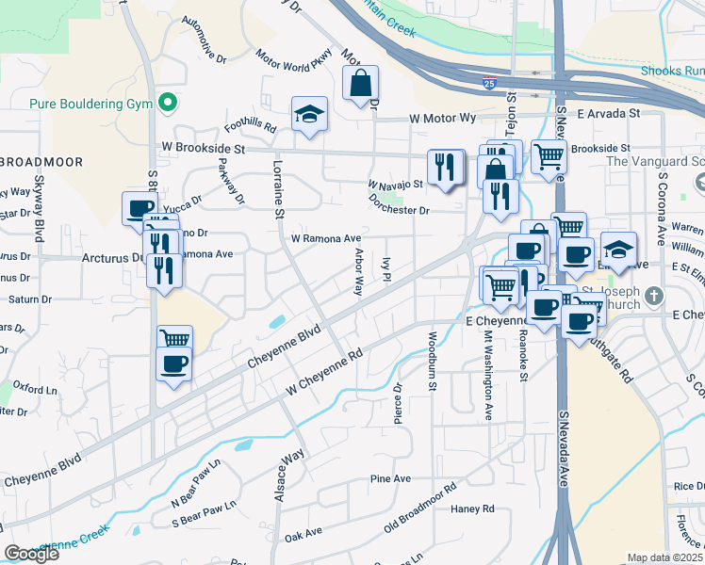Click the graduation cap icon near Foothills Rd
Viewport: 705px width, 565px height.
(308, 114)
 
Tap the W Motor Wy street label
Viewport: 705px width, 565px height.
(443, 119)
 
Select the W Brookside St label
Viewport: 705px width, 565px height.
(203, 148)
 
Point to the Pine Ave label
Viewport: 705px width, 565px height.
(390, 478)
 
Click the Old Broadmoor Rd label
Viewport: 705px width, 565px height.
(420, 508)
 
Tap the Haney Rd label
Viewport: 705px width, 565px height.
(472, 508)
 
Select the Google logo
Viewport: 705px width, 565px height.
(32, 554)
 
